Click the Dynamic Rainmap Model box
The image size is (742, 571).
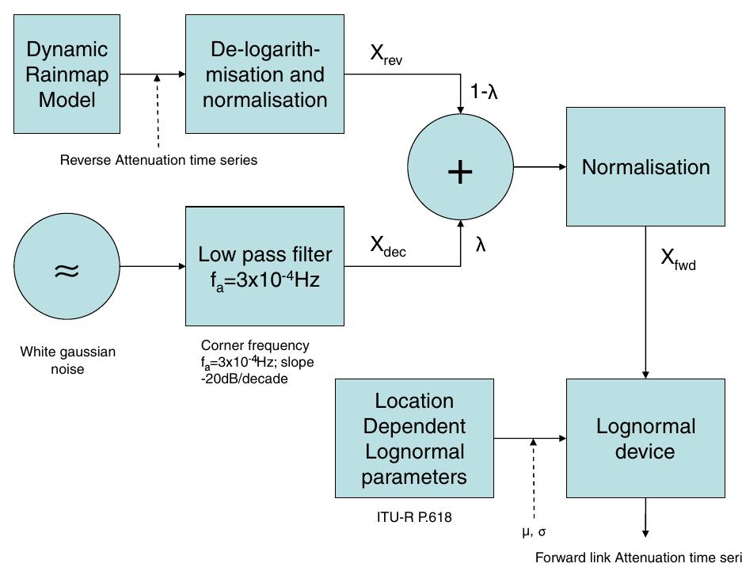pos(67,74)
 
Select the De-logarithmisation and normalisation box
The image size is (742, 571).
pos(264,74)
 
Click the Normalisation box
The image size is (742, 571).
pos(645,167)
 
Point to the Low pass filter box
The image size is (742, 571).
pos(264,266)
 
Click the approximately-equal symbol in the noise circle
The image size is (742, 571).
pos(67,271)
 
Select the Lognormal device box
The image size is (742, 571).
pos(645,439)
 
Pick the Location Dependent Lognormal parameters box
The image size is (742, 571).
pos(414,439)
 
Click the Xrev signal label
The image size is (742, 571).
pos(386,55)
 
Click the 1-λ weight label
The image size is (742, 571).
pos(484,93)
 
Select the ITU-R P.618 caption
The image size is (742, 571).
pos(414,517)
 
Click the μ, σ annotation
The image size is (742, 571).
pos(534,531)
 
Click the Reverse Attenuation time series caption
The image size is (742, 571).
pos(158,160)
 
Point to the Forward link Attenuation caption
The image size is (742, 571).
pos(637,557)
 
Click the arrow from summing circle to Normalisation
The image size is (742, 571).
pos(539,167)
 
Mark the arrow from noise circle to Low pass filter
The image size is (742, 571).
pos(152,266)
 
